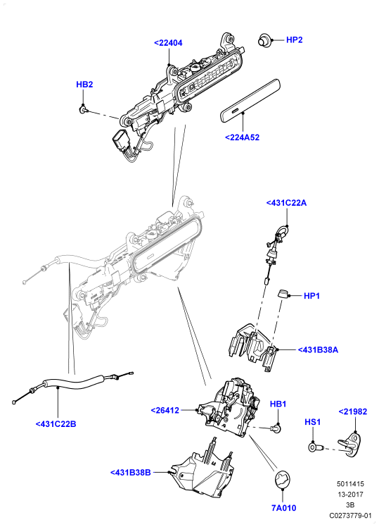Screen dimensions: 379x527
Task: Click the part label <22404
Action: pos(168,43)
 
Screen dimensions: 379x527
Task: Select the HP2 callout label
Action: pos(295,40)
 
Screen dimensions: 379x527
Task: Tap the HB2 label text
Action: pos(84,85)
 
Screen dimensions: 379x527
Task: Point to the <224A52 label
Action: pos(242,137)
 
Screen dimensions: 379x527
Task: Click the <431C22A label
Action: pos(286,203)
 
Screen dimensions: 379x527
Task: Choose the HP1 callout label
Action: pos(312,296)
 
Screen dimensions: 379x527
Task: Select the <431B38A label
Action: pos(318,350)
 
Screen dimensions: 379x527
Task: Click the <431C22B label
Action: pos(56,424)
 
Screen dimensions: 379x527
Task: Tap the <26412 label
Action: pos(165,410)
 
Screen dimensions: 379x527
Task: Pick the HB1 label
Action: pos(278,404)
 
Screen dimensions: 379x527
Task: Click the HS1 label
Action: pos(313,422)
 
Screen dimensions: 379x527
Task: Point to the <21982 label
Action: pos(353,411)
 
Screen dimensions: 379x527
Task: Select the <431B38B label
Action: pos(131,473)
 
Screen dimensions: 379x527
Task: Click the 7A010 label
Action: pos(284,508)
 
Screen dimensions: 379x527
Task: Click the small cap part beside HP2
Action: pos(264,40)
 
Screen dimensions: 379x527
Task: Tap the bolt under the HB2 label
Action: pos(83,108)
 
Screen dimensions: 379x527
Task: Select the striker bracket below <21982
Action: pos(350,445)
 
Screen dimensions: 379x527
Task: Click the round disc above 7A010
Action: pos(283,480)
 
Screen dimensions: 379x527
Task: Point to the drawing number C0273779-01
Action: pos(350,515)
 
